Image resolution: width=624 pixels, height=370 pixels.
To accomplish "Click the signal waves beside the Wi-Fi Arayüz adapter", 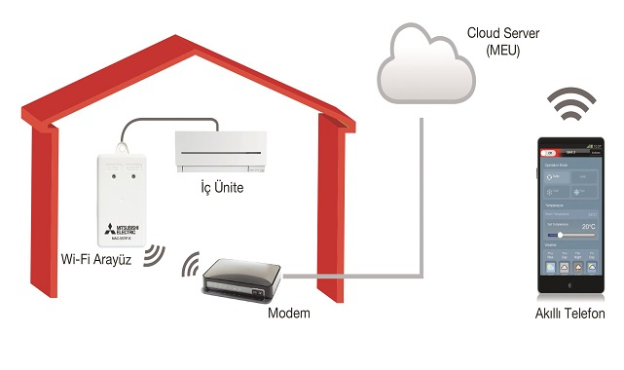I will point(153,255).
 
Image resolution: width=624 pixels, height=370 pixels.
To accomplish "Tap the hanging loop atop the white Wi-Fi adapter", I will point(125,147).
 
